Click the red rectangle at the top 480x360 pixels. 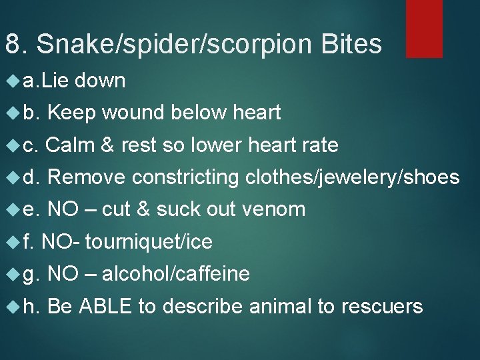tap(425, 28)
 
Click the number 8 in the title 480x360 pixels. tap(12, 45)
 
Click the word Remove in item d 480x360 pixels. tap(87, 177)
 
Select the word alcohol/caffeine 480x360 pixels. tap(176, 274)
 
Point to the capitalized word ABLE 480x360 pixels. tap(106, 306)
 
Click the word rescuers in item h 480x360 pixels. tap(381, 307)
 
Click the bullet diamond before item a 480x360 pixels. tap(10, 81)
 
